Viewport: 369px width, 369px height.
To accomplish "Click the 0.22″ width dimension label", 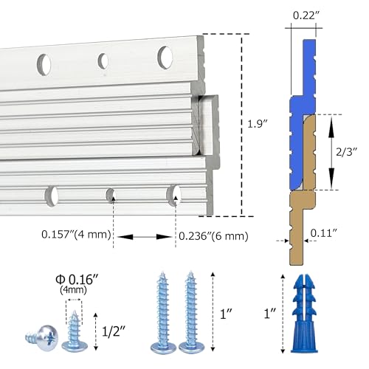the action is point(304,15).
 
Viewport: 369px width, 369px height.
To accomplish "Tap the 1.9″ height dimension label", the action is point(258,124).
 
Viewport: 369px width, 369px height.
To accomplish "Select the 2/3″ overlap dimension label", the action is point(346,152).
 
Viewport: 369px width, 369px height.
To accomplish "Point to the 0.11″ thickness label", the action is point(323,232).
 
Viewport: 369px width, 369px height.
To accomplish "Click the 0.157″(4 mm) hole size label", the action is point(76,234).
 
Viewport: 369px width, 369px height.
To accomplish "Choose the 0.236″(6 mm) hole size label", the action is point(213,236).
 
